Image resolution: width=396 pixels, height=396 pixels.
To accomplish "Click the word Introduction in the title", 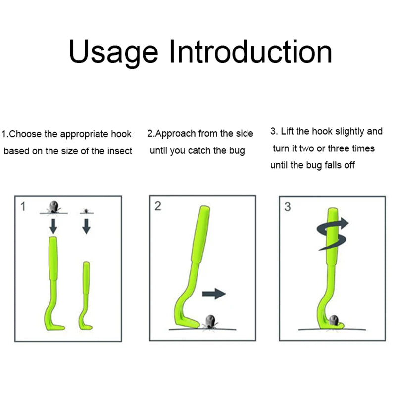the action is [x=251, y=51].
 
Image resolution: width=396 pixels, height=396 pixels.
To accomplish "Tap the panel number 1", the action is [x=23, y=206].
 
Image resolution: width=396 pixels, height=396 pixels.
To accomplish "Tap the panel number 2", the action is [x=158, y=206].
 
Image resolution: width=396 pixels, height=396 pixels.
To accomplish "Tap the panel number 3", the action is [x=288, y=207].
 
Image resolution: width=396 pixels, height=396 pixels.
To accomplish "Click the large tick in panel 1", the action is [x=54, y=207].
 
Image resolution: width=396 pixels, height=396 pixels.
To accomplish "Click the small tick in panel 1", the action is [x=86, y=211].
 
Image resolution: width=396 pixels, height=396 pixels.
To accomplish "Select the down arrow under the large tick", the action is [x=53, y=226].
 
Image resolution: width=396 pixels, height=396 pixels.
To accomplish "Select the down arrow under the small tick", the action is [x=86, y=226].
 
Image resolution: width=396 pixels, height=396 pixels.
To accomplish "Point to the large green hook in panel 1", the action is [x=53, y=283].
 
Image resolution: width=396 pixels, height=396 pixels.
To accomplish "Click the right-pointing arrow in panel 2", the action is [x=214, y=294].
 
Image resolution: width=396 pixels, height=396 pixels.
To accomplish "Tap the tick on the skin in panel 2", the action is [x=210, y=322].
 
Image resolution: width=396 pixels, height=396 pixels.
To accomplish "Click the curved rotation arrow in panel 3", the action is [x=332, y=234].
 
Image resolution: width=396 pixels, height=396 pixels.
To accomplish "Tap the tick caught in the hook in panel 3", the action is [x=334, y=320].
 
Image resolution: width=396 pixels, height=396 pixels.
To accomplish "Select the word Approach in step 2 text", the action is [x=175, y=134].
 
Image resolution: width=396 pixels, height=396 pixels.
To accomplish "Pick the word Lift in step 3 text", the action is [x=287, y=131].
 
